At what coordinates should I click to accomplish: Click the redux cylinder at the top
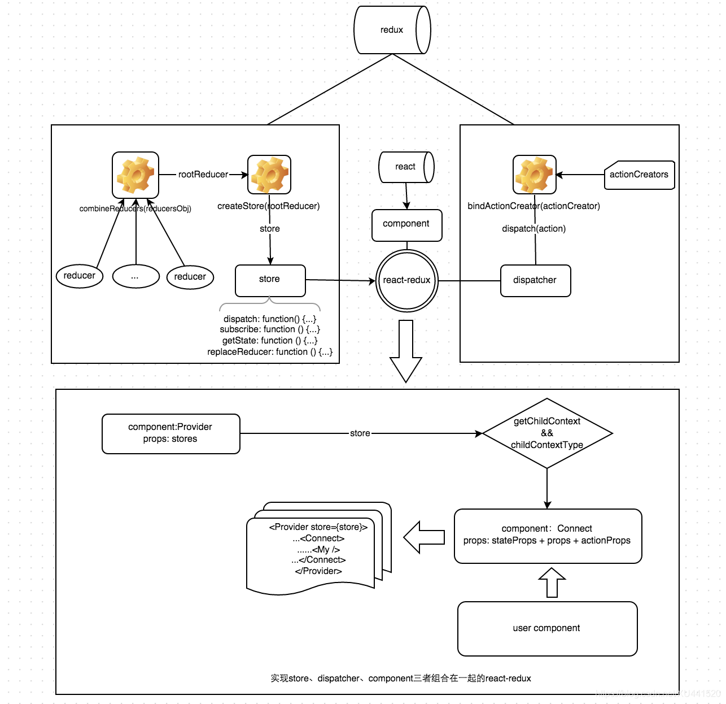coord(392,30)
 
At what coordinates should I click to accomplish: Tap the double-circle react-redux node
coord(407,280)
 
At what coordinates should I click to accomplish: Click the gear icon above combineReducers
coord(135,175)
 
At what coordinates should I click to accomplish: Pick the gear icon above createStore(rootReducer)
coord(269,175)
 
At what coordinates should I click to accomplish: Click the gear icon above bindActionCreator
coord(534,175)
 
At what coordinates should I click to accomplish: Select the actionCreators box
coord(639,175)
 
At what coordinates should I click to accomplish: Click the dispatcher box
coord(535,280)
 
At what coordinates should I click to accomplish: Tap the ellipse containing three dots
coord(135,276)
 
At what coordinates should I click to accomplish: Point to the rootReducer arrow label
coord(203,175)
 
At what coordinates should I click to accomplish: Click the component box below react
coord(406,224)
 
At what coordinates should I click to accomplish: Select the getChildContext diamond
coord(547,433)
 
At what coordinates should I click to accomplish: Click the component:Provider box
coord(170,433)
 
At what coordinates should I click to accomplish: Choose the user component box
coord(547,628)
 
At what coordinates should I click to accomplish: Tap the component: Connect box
coord(547,536)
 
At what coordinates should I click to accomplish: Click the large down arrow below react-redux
coord(406,350)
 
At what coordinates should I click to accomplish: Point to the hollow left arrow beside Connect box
coord(424,537)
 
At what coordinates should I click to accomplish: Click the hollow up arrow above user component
coord(552,583)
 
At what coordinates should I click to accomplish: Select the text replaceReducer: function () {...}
coord(270,352)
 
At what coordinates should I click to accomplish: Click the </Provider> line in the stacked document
coord(318,571)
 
